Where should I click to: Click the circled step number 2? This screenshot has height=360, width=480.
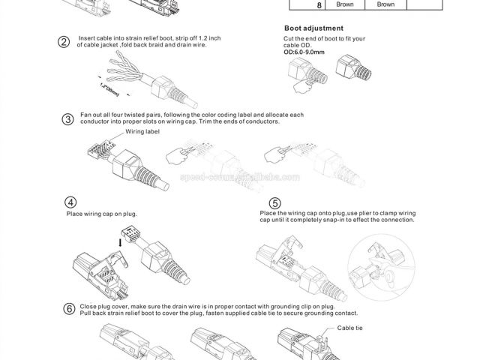(x=64, y=40)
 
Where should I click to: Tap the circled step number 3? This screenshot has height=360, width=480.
(x=67, y=119)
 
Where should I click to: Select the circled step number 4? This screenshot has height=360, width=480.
(x=70, y=202)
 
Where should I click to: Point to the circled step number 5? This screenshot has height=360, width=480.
(x=275, y=203)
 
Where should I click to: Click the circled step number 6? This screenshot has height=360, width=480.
(x=69, y=309)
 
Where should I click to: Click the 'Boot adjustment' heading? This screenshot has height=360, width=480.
(x=313, y=28)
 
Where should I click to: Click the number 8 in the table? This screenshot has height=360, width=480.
(x=298, y=4)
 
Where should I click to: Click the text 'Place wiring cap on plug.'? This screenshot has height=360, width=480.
(x=102, y=214)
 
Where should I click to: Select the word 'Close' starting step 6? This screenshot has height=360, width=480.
(x=88, y=307)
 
